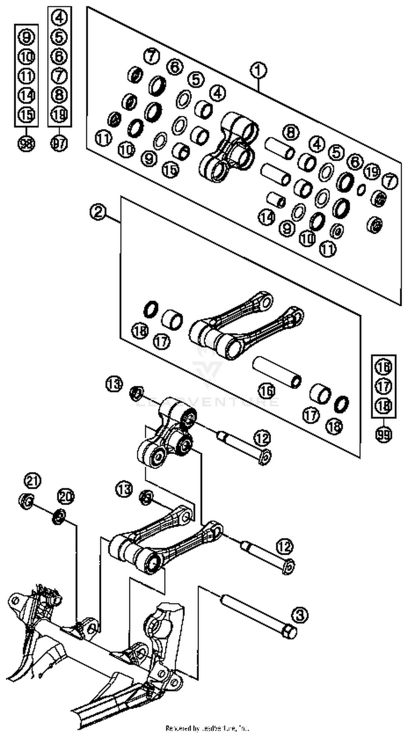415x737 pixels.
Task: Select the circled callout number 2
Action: (x=98, y=212)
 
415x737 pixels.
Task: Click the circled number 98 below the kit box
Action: (x=26, y=143)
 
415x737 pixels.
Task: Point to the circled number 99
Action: (x=383, y=435)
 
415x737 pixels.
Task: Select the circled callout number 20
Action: (x=66, y=497)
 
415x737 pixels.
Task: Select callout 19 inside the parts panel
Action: (x=372, y=172)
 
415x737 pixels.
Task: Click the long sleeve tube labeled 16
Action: (x=277, y=372)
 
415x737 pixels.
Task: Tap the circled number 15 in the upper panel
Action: (x=170, y=169)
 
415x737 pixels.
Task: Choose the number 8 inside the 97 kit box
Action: (x=59, y=95)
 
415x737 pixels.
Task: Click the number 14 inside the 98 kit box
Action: (x=26, y=95)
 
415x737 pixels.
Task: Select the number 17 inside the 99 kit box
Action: (x=383, y=387)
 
